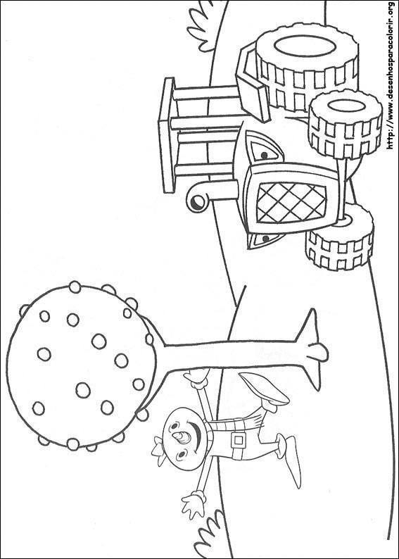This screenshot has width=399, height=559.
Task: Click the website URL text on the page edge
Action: point(391,75)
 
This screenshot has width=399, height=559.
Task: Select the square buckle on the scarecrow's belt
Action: point(238,440)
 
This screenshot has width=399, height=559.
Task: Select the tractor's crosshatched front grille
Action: point(291,202)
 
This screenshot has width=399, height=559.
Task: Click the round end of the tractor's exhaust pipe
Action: point(196,203)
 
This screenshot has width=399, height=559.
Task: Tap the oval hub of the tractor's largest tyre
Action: point(305,46)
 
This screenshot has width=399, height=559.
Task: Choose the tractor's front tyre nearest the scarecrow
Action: point(339,237)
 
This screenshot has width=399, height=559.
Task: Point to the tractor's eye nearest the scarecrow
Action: point(266,239)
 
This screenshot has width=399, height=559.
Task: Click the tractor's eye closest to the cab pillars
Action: point(265,155)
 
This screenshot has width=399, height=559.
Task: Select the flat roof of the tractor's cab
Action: point(167,135)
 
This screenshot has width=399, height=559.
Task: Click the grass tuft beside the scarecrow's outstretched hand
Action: point(210,535)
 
